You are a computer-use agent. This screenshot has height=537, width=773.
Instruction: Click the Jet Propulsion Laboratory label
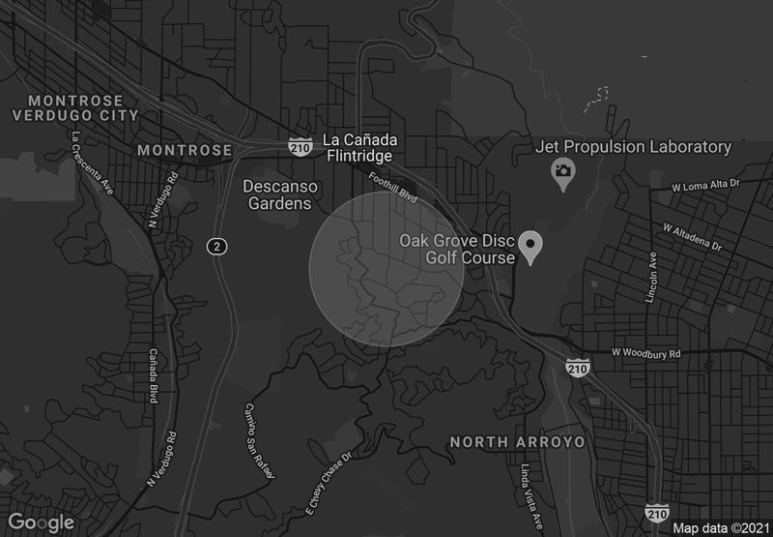[x=633, y=147]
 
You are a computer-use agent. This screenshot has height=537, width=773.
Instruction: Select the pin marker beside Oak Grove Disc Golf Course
[x=530, y=246]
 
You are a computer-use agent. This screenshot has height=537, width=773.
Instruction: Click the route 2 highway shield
[x=217, y=247]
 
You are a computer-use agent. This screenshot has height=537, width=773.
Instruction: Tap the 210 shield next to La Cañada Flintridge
[x=300, y=146]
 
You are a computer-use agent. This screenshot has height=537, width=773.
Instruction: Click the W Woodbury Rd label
[x=646, y=353]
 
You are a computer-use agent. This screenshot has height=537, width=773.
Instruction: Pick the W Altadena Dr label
[x=692, y=236]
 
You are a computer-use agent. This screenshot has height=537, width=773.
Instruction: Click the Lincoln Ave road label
[x=652, y=277]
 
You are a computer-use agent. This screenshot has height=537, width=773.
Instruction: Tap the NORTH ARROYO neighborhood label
[x=518, y=442]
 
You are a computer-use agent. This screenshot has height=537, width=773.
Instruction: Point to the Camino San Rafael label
[x=260, y=441]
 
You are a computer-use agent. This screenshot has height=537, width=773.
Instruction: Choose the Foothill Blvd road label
[x=393, y=187]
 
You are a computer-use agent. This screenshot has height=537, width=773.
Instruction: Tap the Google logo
[x=43, y=522]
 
